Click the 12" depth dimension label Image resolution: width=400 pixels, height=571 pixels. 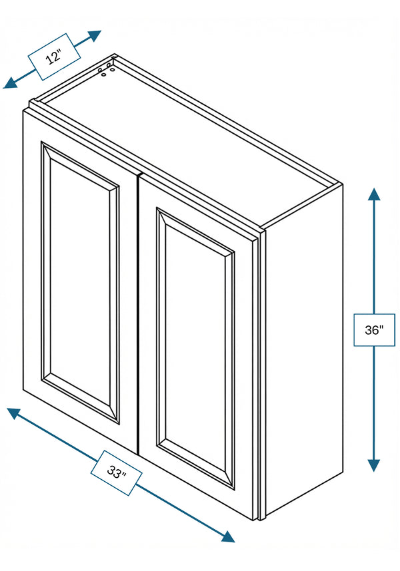54,57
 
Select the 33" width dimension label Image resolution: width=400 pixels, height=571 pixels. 116,473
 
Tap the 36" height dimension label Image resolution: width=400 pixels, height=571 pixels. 374,330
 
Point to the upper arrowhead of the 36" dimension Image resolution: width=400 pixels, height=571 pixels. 374,194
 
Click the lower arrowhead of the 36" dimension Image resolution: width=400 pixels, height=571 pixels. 374,465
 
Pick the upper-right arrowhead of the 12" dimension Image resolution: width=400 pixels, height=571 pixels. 94,35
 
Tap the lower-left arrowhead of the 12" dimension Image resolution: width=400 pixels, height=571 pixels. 10,83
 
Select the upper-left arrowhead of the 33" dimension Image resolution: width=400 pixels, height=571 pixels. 13,413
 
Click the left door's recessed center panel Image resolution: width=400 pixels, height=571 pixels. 80,282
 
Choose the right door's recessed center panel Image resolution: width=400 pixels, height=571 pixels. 195,348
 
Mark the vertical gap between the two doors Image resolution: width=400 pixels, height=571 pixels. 138,314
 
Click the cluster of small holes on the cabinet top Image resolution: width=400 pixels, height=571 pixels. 107,69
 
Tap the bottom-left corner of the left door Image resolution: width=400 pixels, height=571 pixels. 23,389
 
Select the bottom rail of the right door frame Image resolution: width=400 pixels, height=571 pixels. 197,492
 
